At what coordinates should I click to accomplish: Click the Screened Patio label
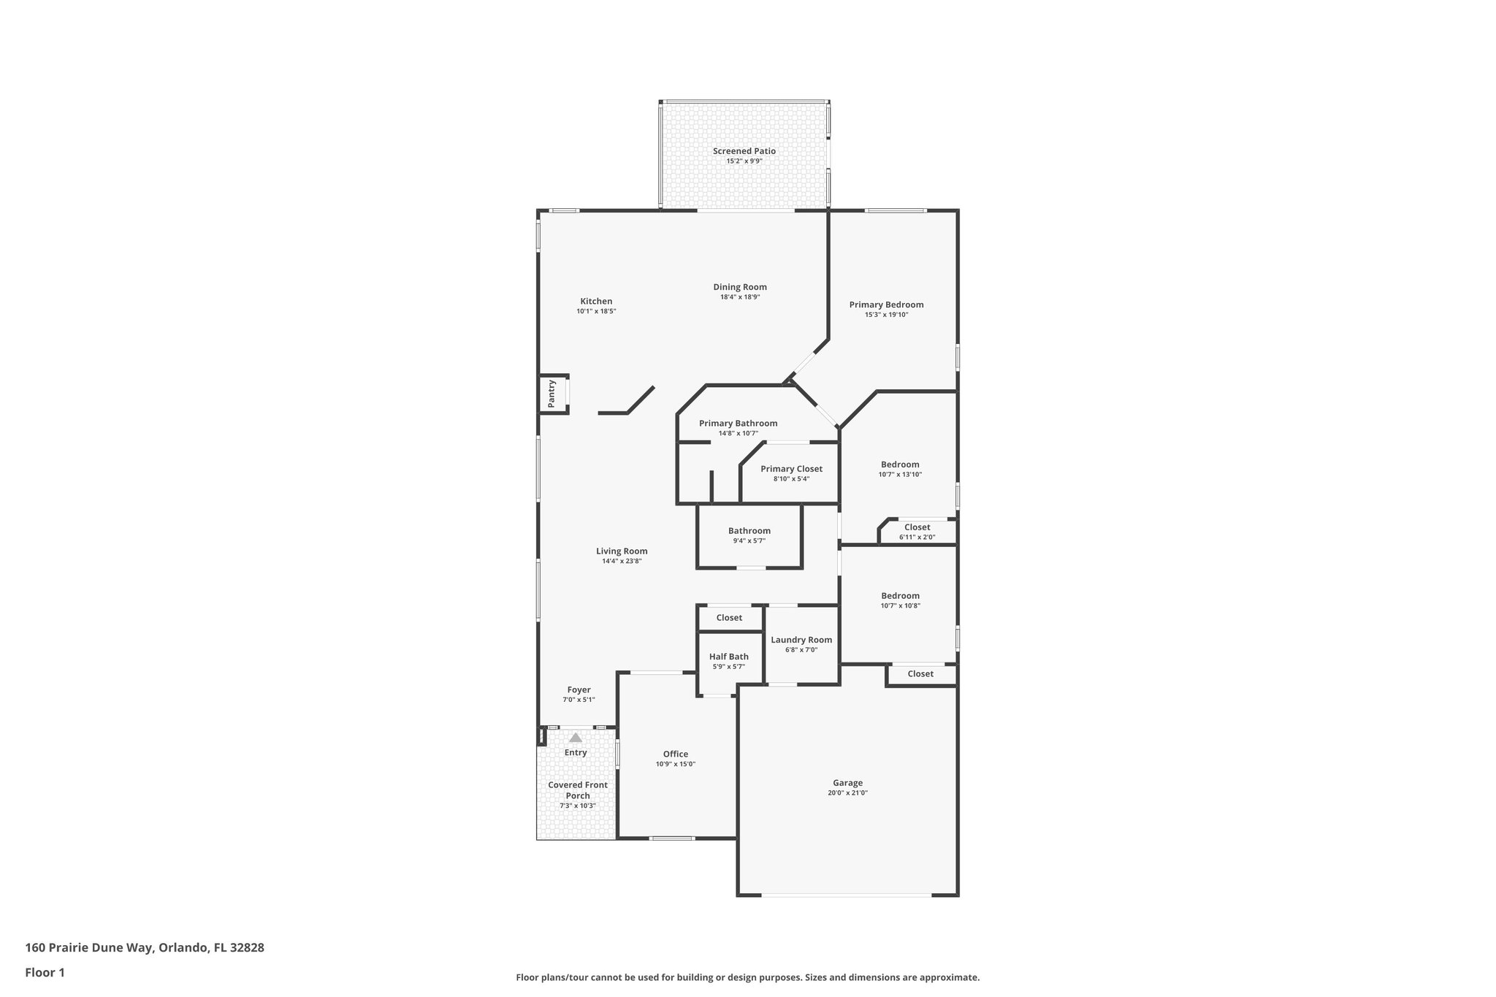pyautogui.click(x=744, y=151)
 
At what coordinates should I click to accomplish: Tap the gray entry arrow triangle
pyautogui.click(x=576, y=738)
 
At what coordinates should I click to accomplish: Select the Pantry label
pyautogui.click(x=552, y=394)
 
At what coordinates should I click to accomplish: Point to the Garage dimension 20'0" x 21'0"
pyautogui.click(x=847, y=792)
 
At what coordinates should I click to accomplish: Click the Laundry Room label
pyautogui.click(x=801, y=640)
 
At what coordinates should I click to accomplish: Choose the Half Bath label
pyautogui.click(x=728, y=657)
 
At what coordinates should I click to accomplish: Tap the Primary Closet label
pyautogui.click(x=791, y=469)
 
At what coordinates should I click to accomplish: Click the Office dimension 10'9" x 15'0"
pyautogui.click(x=675, y=764)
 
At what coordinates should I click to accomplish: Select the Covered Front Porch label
pyautogui.click(x=577, y=790)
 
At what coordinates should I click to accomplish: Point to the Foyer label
pyautogui.click(x=579, y=690)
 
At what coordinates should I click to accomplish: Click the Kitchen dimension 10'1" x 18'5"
pyautogui.click(x=596, y=311)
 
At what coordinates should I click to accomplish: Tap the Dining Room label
pyautogui.click(x=740, y=287)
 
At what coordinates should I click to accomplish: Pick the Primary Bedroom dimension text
pyautogui.click(x=885, y=315)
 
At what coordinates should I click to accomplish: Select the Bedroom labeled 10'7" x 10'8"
pyautogui.click(x=900, y=596)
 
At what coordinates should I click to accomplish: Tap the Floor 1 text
pyautogui.click(x=45, y=972)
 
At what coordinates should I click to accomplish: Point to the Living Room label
pyautogui.click(x=621, y=551)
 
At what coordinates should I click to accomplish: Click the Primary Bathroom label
pyautogui.click(x=738, y=423)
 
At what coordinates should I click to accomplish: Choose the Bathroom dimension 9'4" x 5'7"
pyautogui.click(x=749, y=541)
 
